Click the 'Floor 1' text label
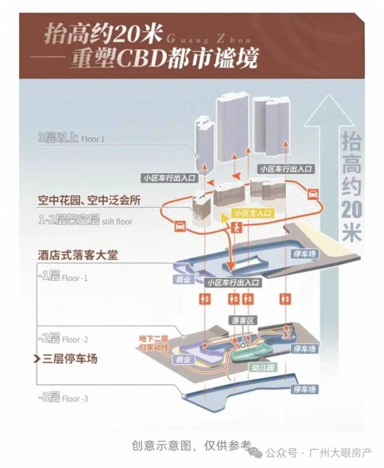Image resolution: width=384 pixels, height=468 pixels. [x=93, y=139]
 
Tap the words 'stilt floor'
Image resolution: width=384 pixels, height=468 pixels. [x=117, y=222]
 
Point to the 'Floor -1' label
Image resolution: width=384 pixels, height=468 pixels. [x=75, y=278]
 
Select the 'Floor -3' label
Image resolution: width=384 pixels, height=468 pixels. [x=75, y=399]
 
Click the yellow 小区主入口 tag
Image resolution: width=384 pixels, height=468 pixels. [x=253, y=213]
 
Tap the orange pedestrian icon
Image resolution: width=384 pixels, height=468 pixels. [x=237, y=228]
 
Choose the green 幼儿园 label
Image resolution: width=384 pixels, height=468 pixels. [x=263, y=367]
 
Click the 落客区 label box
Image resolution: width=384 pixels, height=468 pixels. [x=243, y=321]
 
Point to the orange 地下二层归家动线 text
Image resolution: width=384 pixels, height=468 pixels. [x=154, y=343]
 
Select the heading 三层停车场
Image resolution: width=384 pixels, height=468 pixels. [x=70, y=359]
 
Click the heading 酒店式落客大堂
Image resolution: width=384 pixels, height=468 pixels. [x=78, y=255]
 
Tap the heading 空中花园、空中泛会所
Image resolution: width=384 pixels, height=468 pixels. [x=89, y=200]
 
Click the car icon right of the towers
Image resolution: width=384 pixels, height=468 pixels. [x=312, y=194]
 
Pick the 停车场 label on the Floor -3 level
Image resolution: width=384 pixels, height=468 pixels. [x=304, y=389]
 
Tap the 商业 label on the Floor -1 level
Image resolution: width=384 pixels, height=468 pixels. [x=183, y=280]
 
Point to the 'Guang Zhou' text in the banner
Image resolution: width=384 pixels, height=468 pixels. [x=208, y=39]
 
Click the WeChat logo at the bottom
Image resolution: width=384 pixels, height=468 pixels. [x=255, y=452]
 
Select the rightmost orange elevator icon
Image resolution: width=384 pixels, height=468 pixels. [x=285, y=298]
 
